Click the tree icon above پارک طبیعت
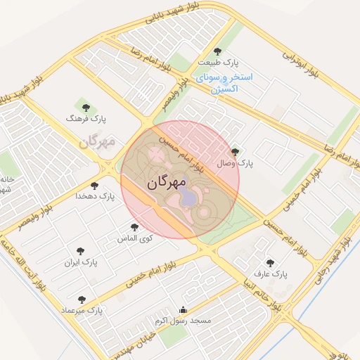point(217,51)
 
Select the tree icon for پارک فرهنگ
point(86,108)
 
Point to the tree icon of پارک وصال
point(235,151)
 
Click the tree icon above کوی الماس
point(134,227)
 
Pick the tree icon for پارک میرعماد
point(82,300)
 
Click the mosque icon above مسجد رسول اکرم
point(184,309)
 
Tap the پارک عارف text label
point(270,273)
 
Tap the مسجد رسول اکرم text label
point(183,320)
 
